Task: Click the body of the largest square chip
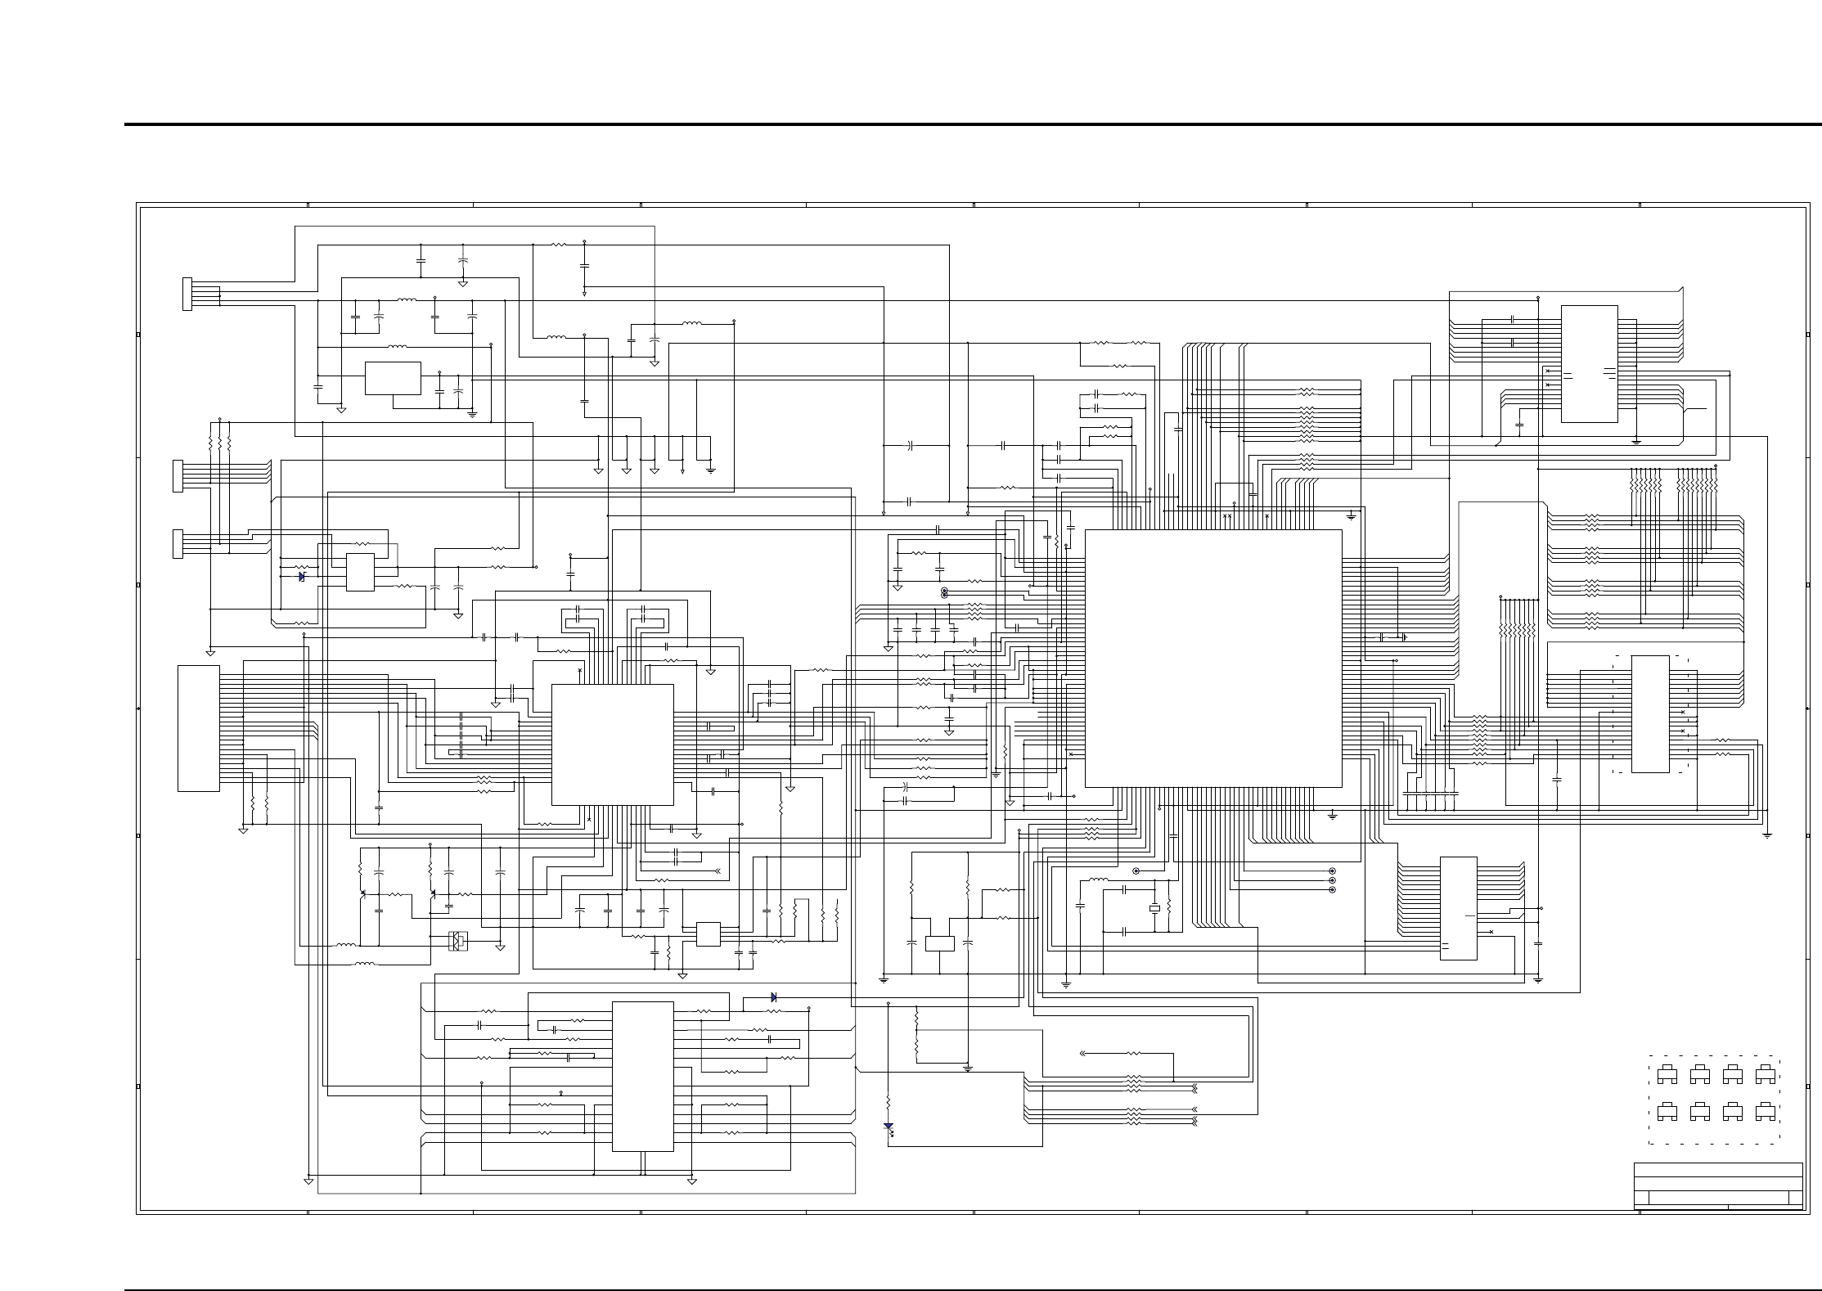coord(1212,658)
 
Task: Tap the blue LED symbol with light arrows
coord(888,1127)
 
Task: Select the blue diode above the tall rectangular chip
coord(773,997)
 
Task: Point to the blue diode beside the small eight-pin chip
coord(301,576)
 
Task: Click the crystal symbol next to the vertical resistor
coord(1154,908)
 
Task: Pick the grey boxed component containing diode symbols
coord(458,942)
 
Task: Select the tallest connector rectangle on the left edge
coord(198,728)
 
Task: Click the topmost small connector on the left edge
coord(187,294)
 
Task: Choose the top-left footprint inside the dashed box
coord(1667,1074)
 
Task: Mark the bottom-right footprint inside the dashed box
coord(1765,1112)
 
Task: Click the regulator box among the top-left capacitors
coord(393,378)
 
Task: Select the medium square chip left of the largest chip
coord(612,744)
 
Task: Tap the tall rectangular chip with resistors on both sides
coord(642,1076)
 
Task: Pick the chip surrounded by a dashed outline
coord(1650,713)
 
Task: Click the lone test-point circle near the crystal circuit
coord(1136,871)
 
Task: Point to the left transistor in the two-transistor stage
coord(362,893)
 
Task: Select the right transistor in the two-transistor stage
coord(432,893)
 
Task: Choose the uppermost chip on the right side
coord(1589,363)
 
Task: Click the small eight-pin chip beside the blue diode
coord(360,572)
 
